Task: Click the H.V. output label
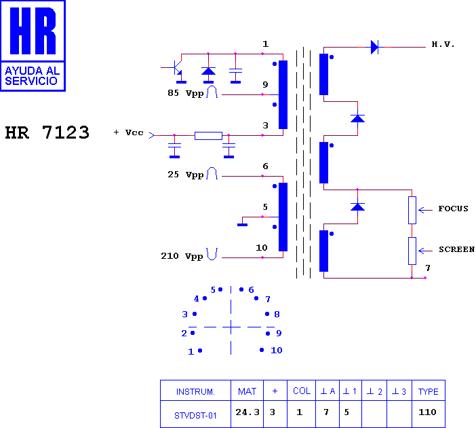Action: point(443,44)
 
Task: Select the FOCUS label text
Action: point(453,209)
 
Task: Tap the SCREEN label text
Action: point(456,249)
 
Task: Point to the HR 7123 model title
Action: point(47,132)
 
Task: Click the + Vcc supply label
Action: point(128,132)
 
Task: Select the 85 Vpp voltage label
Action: point(186,93)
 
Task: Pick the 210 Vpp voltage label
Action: point(182,256)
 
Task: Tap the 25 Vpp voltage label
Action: point(186,175)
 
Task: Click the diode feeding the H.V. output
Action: point(374,47)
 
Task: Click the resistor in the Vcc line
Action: point(208,136)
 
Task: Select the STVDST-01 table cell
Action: point(195,416)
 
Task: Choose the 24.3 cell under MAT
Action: point(247,412)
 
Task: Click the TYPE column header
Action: point(429,391)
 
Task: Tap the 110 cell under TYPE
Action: point(427,412)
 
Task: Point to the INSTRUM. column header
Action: point(195,391)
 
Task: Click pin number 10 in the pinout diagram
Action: point(276,351)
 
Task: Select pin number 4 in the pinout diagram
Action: point(197,299)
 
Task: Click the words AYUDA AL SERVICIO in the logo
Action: point(32,75)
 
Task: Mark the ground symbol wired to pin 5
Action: point(242,225)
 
